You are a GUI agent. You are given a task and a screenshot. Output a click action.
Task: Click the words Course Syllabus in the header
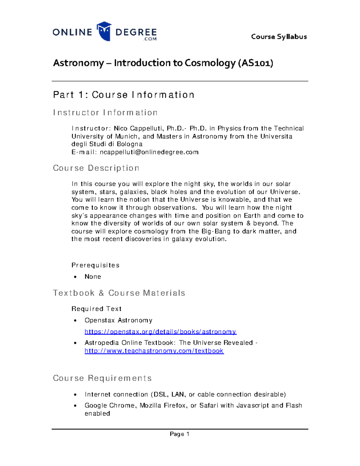tap(279, 37)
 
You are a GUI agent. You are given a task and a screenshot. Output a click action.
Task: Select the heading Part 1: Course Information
tap(124, 95)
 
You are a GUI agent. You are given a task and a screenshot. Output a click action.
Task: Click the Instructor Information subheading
tap(105, 113)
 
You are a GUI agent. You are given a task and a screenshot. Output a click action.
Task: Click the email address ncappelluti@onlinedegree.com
tap(149, 152)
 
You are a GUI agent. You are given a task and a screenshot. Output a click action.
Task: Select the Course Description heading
tap(96, 168)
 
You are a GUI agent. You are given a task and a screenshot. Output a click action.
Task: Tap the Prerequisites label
tap(95, 265)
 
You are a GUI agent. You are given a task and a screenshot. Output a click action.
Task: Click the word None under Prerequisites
tap(93, 277)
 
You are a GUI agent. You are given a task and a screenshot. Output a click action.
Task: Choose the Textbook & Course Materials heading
tap(119, 293)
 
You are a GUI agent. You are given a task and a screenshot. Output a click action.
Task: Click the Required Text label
tap(96, 309)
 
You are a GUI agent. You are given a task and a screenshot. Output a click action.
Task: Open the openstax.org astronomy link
tap(160, 332)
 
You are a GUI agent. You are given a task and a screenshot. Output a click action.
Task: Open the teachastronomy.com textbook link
tap(154, 351)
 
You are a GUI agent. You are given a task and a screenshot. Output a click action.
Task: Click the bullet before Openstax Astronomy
tap(76, 320)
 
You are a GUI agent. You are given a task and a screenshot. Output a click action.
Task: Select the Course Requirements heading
tap(102, 378)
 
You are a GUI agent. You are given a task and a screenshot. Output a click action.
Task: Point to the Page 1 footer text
tap(179, 434)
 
